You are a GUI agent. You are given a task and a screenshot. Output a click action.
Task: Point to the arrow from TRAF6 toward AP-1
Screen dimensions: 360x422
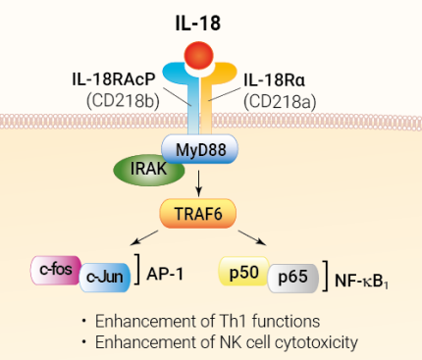pyautogui.click(x=147, y=238)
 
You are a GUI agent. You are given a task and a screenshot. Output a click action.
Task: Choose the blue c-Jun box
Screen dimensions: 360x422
pyautogui.click(x=105, y=279)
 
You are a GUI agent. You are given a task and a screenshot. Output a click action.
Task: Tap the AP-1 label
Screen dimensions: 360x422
pyautogui.click(x=167, y=274)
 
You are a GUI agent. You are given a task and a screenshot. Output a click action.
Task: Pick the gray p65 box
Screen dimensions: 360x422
pyautogui.click(x=290, y=278)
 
